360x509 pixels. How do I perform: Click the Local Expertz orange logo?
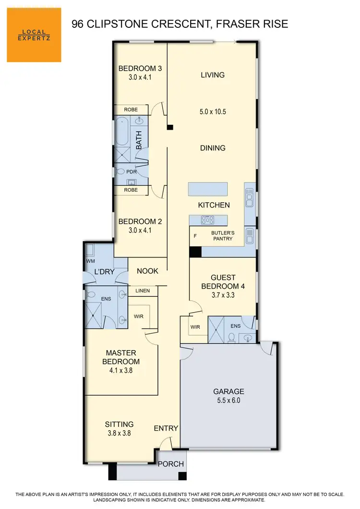click(x=34, y=35)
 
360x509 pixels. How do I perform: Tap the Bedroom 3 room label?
click(x=140, y=68)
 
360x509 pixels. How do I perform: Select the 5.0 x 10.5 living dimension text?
click(x=212, y=111)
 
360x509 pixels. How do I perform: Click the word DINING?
click(x=212, y=148)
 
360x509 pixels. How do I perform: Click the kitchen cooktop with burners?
click(x=207, y=220)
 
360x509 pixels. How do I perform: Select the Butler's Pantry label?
click(x=222, y=236)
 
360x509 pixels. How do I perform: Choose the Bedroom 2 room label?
click(x=140, y=221)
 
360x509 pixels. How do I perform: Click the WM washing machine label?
click(x=91, y=261)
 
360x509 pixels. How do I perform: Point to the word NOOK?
click(x=147, y=271)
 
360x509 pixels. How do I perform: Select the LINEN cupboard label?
click(x=143, y=291)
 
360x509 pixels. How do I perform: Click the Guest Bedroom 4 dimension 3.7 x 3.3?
click(x=223, y=295)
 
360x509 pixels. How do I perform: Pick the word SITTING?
click(x=119, y=424)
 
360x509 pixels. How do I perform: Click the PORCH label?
click(x=171, y=464)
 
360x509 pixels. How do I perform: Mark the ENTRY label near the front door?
click(x=166, y=428)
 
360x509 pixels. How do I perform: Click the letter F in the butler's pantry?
click(x=195, y=236)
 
